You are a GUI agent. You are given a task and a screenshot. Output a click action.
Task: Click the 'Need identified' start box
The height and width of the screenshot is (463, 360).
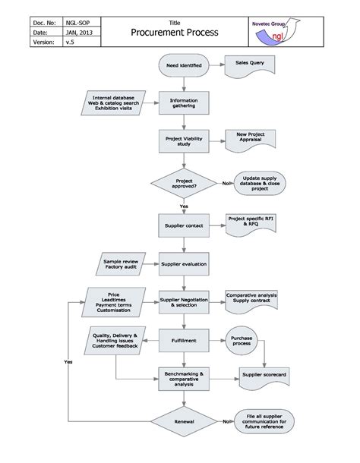click(x=183, y=67)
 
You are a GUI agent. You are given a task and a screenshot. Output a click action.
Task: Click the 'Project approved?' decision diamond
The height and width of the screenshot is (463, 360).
click(x=183, y=183)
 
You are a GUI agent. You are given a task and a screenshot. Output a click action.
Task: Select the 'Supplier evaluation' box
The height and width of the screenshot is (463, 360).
click(x=183, y=264)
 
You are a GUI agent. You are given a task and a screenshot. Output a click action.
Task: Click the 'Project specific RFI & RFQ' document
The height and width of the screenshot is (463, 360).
click(x=250, y=222)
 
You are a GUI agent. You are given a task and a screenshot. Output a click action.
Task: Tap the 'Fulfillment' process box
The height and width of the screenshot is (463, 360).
click(x=183, y=339)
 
